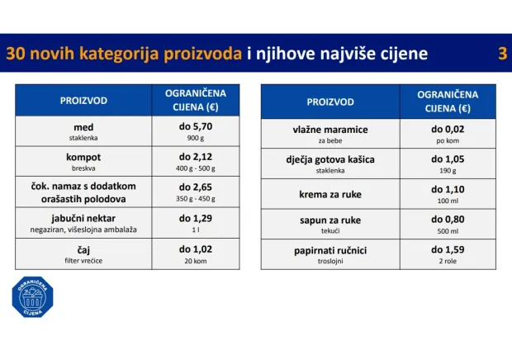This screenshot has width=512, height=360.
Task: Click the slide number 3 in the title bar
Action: point(502,54)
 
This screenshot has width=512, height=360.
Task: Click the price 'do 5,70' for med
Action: point(196,127)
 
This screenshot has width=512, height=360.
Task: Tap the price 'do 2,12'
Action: point(196,157)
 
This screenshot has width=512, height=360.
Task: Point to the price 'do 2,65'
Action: point(196,187)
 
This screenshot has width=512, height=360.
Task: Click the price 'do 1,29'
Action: point(196,218)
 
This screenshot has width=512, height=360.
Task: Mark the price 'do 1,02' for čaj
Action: point(196,249)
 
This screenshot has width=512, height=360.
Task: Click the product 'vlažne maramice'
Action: point(329,130)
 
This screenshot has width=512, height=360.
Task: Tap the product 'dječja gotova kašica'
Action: point(329,160)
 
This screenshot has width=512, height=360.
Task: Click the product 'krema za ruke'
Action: point(329,192)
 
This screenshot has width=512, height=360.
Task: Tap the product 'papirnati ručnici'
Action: point(329,249)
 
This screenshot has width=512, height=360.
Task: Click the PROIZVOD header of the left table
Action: point(83,100)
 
